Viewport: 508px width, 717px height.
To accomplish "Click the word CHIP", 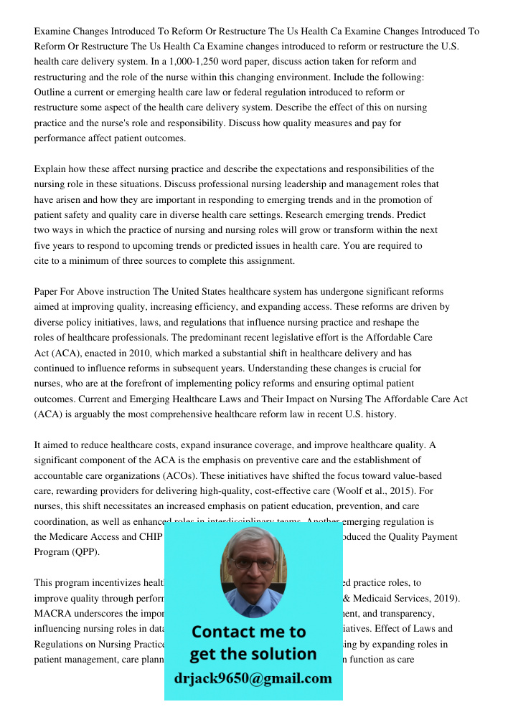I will (x=150, y=536).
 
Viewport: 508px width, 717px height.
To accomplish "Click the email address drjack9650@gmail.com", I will (x=253, y=678).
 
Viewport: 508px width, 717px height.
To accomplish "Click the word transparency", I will (x=410, y=613).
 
